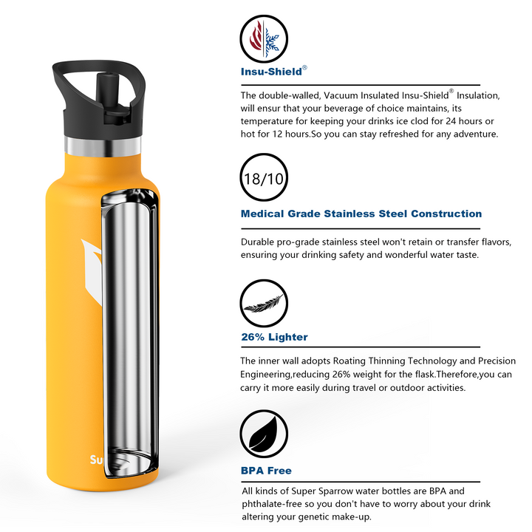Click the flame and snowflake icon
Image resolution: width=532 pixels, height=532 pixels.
[x=264, y=38]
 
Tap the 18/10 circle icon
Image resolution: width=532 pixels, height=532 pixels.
[x=264, y=177]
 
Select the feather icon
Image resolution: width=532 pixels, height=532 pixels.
[x=264, y=304]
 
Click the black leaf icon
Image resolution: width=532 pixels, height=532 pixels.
[x=264, y=434]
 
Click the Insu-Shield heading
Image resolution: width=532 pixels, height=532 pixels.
[x=271, y=72]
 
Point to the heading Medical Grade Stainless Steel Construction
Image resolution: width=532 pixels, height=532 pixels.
[x=361, y=214]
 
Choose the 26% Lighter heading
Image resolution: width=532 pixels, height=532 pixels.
[x=274, y=337]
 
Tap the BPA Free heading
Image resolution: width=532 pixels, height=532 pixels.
[x=266, y=471]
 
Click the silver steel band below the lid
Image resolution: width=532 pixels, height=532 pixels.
[x=103, y=146]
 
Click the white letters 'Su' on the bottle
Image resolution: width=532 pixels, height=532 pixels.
[x=95, y=460]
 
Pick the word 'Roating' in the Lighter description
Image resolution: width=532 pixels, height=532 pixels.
[x=349, y=361]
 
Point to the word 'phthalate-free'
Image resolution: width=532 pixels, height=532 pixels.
[x=271, y=504]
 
